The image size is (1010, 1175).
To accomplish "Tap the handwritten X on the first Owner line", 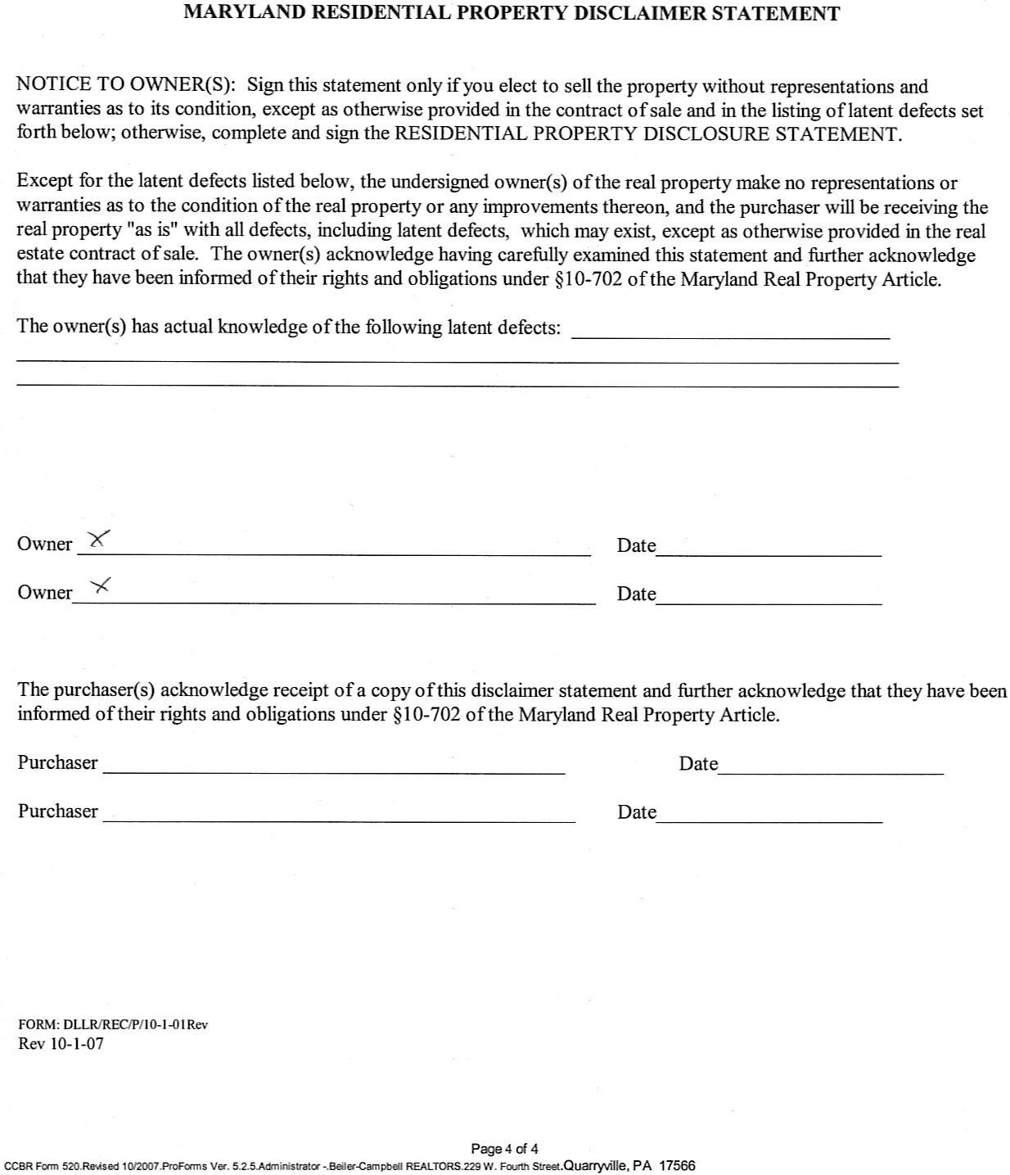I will pyautogui.click(x=98, y=539).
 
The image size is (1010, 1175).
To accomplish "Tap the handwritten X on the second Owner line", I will pyautogui.click(x=101, y=585).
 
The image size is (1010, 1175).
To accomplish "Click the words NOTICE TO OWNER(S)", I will pyautogui.click(x=127, y=85).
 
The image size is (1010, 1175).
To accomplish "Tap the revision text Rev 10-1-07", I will pyautogui.click(x=61, y=1044).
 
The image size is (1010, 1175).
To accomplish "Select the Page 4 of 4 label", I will pyautogui.click(x=504, y=1149).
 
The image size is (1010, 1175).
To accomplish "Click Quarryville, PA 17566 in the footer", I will pyautogui.click(x=629, y=1166).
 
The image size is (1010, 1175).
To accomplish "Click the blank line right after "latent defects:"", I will pyautogui.click(x=730, y=334).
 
